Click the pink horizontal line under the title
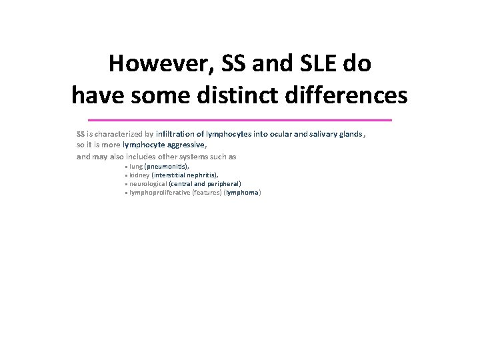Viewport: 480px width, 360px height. click(x=240, y=119)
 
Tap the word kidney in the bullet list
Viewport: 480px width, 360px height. click(x=139, y=175)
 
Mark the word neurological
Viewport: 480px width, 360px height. click(x=148, y=183)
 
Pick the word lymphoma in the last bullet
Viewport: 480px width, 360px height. click(x=243, y=193)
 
